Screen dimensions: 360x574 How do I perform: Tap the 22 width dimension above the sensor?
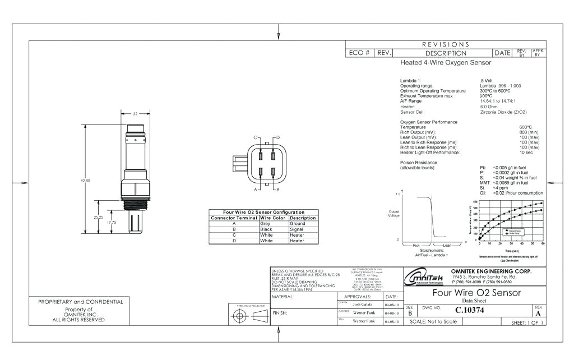[135, 113]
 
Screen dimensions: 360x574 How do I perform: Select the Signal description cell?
[299, 229]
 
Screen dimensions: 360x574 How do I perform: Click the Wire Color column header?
[273, 218]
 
